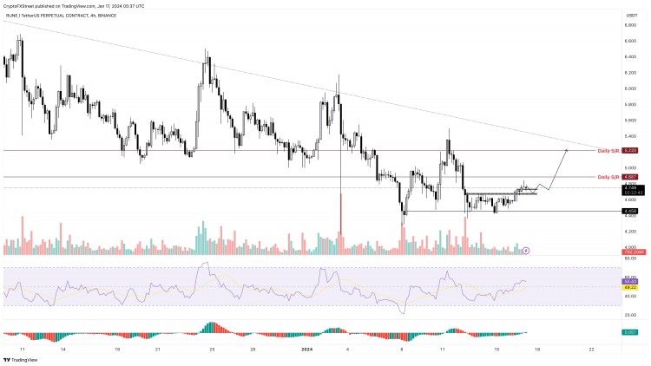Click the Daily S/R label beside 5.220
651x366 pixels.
pos(608,151)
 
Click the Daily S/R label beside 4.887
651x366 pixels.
pos(608,177)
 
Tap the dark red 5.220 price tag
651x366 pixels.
pos(632,151)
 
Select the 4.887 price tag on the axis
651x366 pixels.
pos(632,177)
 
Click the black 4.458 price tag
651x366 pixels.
pos(632,211)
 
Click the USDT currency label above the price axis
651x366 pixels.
pos(631,14)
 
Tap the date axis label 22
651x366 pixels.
pos(591,350)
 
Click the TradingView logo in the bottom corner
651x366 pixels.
pos(22,359)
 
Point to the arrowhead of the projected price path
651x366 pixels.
pos(568,151)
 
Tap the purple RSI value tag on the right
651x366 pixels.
pos(632,281)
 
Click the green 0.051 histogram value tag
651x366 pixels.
pos(632,332)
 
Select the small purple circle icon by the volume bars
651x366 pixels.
pos(526,250)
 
